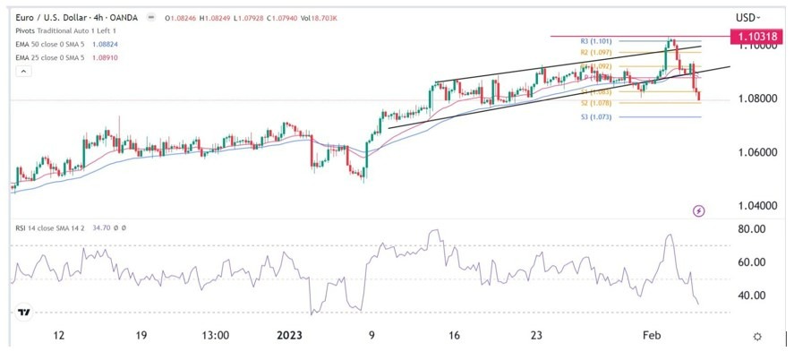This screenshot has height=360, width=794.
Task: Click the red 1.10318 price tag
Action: coord(758,37)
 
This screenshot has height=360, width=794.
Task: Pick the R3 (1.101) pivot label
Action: coord(595,41)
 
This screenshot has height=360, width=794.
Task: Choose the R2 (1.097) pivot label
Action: coord(595,53)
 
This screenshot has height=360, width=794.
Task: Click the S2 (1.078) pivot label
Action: coord(595,103)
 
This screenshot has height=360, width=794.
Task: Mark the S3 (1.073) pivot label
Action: coord(595,117)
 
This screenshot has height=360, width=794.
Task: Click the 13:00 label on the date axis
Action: coord(217,336)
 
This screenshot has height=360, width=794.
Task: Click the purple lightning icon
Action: coord(699,210)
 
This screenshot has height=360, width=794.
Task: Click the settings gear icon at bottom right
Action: coord(757,336)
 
